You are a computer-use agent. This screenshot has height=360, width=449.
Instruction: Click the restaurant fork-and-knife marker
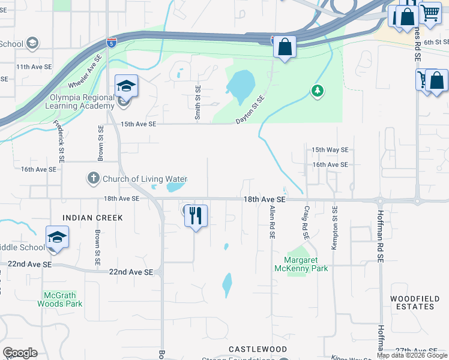click(196, 215)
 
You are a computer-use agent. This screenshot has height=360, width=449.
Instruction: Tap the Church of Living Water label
click(145, 179)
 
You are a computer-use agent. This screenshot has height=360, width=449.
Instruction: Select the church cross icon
click(93, 178)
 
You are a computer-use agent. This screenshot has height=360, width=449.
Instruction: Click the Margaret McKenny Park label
click(306, 265)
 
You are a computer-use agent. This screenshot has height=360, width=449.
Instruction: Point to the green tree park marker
click(317, 91)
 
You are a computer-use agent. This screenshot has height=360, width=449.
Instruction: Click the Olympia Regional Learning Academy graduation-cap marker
click(127, 86)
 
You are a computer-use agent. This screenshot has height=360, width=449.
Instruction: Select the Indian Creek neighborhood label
click(92, 218)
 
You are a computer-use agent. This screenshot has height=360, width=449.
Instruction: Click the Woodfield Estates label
click(412, 302)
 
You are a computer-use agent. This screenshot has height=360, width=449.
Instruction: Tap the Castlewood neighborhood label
click(258, 349)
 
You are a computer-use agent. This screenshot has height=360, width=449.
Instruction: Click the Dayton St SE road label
click(250, 110)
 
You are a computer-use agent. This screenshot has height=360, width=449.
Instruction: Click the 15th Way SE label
click(330, 150)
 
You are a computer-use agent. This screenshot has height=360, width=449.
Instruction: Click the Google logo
click(20, 353)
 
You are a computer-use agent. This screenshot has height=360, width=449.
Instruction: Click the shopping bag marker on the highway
click(285, 47)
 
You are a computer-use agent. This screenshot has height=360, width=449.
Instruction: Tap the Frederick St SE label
click(59, 142)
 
